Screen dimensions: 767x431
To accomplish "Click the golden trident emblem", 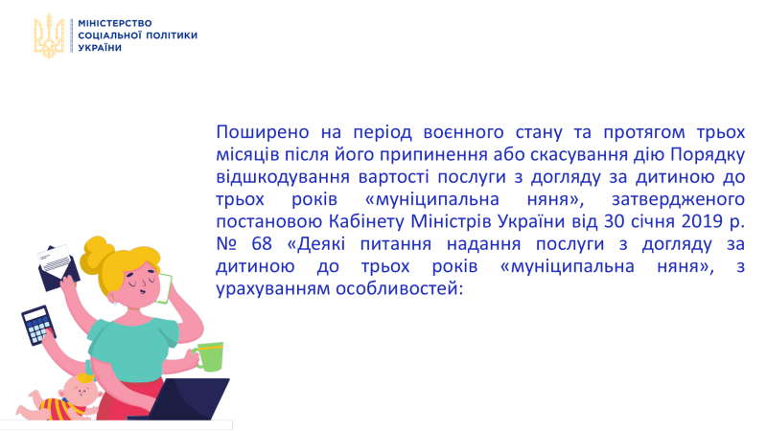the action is (49, 35).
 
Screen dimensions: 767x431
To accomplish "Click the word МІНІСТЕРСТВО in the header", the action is (115, 23).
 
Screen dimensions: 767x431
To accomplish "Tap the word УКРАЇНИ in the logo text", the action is (100, 47).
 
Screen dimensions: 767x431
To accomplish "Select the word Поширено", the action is (263, 132).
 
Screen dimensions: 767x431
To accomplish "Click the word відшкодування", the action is (283, 177).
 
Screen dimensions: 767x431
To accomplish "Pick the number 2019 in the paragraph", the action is (702, 221).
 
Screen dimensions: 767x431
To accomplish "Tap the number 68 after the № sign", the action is (262, 244).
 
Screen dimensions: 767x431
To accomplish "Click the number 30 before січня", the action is (615, 221).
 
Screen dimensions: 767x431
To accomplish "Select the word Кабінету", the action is (366, 222).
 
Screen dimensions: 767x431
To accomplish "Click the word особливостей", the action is (399, 289).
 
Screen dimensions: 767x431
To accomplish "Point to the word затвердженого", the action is (678, 200).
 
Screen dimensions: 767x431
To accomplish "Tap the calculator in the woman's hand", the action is (38, 326).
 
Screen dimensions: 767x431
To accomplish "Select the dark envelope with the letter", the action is (58, 268).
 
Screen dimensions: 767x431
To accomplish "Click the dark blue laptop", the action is (186, 398).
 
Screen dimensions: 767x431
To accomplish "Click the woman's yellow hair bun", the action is (98, 254).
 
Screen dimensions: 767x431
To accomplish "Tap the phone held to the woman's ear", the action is (164, 289).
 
